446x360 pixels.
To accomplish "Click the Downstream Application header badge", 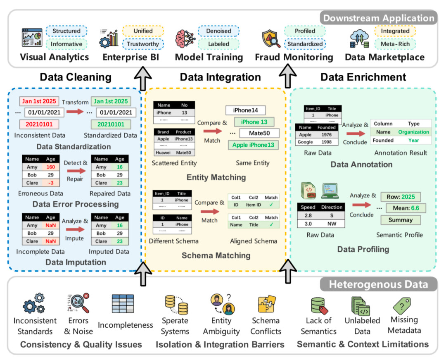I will coord(378,18).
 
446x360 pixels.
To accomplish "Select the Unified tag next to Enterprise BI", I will coord(142,31).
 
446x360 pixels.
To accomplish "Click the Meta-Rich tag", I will coord(395,44).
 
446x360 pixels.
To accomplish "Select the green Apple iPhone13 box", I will coord(253,145).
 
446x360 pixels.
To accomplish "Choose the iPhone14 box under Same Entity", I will coord(245,110).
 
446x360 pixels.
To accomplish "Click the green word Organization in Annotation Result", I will coord(413,132).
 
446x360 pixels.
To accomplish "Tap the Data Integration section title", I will coord(220,77).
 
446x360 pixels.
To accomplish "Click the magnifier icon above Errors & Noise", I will coord(78,304).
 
